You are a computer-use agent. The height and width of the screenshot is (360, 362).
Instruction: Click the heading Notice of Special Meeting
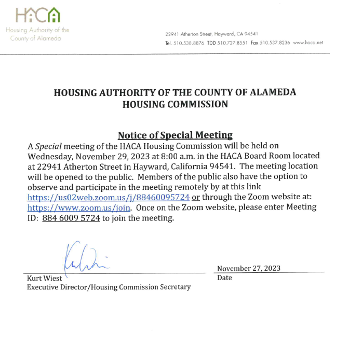click(175, 135)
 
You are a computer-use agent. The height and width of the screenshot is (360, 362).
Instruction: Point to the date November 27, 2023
click(249, 268)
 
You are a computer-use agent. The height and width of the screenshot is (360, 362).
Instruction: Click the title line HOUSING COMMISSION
click(175, 104)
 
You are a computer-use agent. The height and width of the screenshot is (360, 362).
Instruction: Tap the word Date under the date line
click(224, 278)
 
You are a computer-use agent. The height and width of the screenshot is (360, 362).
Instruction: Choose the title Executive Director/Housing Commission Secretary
click(109, 287)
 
